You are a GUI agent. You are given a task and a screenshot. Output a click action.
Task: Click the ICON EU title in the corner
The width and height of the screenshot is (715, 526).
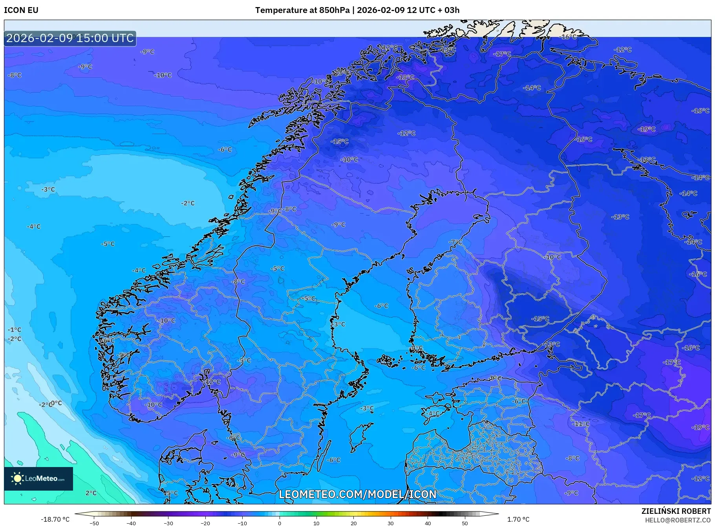click(21, 10)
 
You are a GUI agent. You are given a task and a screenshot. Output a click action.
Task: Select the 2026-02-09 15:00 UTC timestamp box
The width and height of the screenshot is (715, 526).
click(70, 38)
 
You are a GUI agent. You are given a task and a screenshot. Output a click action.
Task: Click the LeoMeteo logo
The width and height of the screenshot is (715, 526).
click(38, 478)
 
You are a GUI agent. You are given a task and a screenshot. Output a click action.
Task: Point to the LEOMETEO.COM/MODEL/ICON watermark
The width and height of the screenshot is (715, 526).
click(357, 494)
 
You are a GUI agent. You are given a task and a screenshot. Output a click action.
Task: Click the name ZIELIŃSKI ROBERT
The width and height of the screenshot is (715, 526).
click(676, 511)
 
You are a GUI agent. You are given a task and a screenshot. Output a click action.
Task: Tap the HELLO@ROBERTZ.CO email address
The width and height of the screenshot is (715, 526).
click(678, 520)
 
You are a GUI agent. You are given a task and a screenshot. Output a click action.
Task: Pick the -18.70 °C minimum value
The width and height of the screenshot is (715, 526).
click(55, 519)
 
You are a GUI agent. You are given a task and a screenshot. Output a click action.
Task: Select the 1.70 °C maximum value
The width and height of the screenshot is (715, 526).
click(518, 519)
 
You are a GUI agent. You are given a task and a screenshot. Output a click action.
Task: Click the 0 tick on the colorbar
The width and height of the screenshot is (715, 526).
click(279, 523)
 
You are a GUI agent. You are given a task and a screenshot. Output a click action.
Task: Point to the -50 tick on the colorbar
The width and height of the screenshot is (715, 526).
click(94, 523)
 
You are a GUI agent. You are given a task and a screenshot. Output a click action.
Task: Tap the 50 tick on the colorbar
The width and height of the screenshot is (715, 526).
click(464, 523)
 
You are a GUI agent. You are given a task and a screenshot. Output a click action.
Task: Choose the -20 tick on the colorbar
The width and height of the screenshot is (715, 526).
click(205, 523)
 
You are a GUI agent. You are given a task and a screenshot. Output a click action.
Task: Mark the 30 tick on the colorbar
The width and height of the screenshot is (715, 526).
click(390, 523)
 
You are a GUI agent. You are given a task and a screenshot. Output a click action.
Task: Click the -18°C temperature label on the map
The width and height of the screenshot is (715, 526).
click(405, 77)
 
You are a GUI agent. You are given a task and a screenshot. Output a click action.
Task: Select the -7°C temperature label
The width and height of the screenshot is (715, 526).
click(455, 242)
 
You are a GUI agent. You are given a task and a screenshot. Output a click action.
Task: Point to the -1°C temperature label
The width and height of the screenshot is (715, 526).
click(15, 330)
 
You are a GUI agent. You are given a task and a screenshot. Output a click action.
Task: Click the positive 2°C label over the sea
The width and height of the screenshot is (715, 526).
click(91, 493)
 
